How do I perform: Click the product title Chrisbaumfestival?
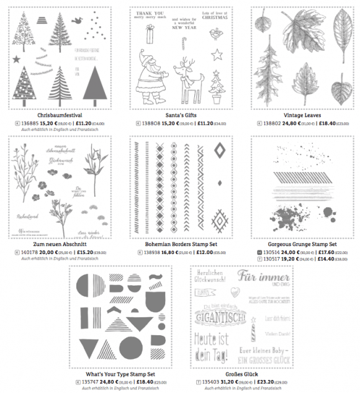click(60, 115)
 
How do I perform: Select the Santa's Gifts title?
click(179, 115)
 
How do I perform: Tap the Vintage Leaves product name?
click(300, 115)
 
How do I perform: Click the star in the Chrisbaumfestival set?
click(17, 60)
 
